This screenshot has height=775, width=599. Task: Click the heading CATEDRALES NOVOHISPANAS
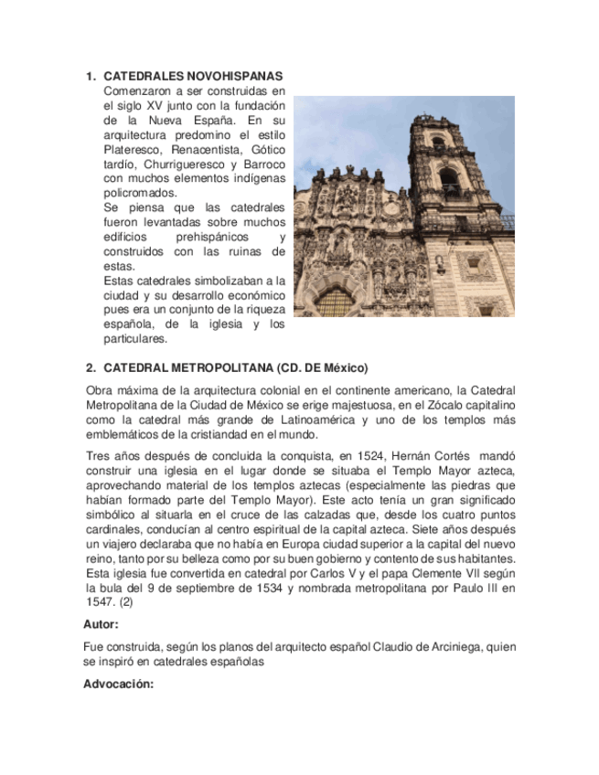[x=193, y=76]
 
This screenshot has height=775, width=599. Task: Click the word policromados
[x=141, y=193]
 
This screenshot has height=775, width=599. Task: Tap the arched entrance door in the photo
[x=334, y=303]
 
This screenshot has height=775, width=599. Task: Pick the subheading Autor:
[x=101, y=625]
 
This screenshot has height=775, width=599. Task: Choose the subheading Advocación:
[x=118, y=684]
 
